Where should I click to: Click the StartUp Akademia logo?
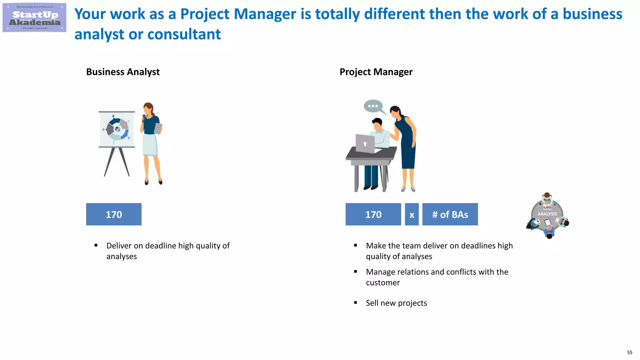[x=34, y=17]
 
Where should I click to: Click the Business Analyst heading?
[x=123, y=72]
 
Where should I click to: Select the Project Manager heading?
[x=376, y=72]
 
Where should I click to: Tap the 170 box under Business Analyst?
[x=114, y=214]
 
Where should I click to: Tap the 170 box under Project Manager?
[x=373, y=214]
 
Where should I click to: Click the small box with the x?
[x=412, y=215]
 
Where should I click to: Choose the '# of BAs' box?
[x=450, y=214]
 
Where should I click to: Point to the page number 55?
[x=629, y=352]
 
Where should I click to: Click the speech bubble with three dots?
[x=373, y=106]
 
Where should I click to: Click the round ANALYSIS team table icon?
[x=547, y=215]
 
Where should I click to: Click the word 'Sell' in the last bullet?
[x=372, y=303]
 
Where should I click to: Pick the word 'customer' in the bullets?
[x=383, y=282]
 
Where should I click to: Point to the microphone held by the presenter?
[x=144, y=117]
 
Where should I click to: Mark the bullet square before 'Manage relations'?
[x=356, y=272]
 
